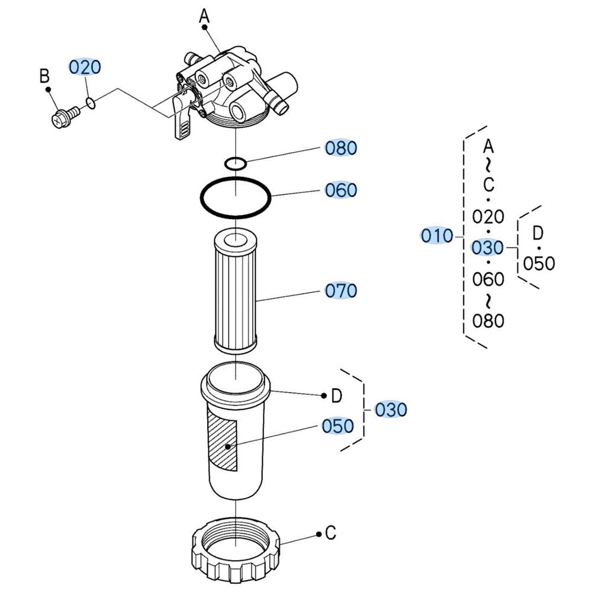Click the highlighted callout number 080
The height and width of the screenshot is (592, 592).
341,148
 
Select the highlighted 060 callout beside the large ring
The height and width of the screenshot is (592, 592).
341,190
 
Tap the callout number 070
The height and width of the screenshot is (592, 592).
341,291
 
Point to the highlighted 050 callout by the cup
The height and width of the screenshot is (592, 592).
337,426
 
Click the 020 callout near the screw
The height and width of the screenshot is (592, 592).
85,67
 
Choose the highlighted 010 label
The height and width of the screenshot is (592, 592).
437,236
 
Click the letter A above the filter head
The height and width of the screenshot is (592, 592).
204,16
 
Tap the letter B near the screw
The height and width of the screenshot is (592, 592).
44,76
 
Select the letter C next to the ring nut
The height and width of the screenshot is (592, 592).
330,533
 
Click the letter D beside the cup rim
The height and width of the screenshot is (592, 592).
336,395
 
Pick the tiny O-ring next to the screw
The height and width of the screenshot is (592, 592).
91,102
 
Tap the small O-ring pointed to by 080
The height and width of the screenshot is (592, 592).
236,164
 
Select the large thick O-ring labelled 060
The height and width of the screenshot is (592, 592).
236,198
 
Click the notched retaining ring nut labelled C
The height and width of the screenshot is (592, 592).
236,550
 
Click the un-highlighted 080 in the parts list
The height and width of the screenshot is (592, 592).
488,321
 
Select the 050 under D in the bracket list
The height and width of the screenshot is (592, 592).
539,263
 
